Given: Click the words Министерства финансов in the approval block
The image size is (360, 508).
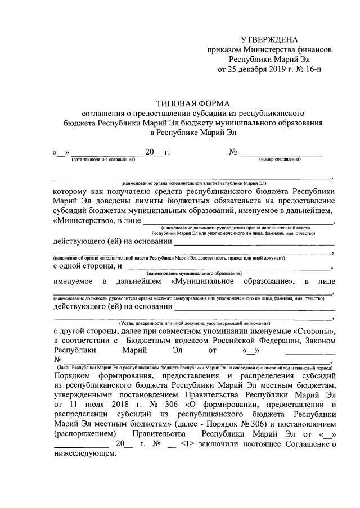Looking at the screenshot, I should (x=291, y=49).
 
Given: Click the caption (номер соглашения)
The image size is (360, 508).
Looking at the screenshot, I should (x=280, y=159).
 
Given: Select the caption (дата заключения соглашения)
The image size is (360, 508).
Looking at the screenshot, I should (x=103, y=159).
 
